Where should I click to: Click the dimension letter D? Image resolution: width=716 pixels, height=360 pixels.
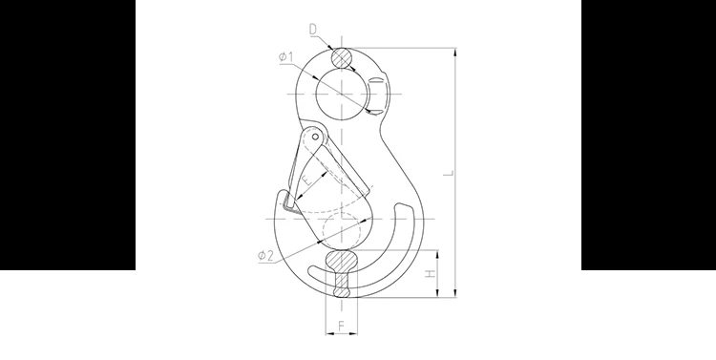313,30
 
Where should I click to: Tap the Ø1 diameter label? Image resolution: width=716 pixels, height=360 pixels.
286,57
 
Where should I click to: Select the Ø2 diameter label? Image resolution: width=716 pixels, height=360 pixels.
265,255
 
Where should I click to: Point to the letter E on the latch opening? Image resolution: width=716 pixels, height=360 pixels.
308,180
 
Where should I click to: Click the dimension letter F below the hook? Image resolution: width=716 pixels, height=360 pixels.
341,326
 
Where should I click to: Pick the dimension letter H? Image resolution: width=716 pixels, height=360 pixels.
431,274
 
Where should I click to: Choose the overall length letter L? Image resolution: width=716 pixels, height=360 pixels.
450,173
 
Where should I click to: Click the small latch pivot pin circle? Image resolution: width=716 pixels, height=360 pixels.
315,137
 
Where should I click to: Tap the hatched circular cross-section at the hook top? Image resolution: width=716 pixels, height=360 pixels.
342,58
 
